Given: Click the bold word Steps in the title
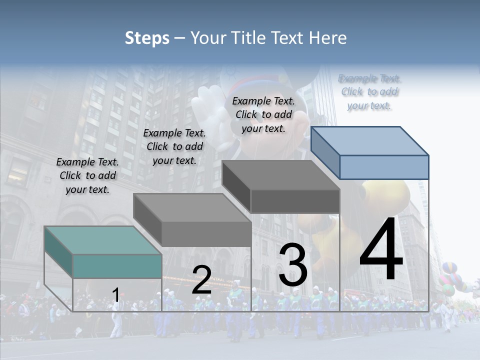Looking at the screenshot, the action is [147, 38].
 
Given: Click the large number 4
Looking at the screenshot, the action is [381, 249].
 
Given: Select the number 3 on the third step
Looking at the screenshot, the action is [292, 264].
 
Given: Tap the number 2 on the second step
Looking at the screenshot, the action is [201, 280].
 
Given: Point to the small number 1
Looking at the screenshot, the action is [115, 295].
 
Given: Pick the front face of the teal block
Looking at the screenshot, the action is [117, 266].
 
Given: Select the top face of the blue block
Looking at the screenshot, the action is [370, 140].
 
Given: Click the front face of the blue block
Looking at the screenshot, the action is [384, 167].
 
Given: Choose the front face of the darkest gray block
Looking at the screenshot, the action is [295, 201].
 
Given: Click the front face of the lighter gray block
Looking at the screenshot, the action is [206, 234].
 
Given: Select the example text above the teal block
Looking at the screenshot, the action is [87, 175].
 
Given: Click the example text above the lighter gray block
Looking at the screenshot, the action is [174, 146].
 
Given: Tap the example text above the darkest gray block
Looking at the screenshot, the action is [263, 114].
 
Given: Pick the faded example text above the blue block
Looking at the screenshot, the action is [369, 91].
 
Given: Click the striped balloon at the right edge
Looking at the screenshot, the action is [450, 278].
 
